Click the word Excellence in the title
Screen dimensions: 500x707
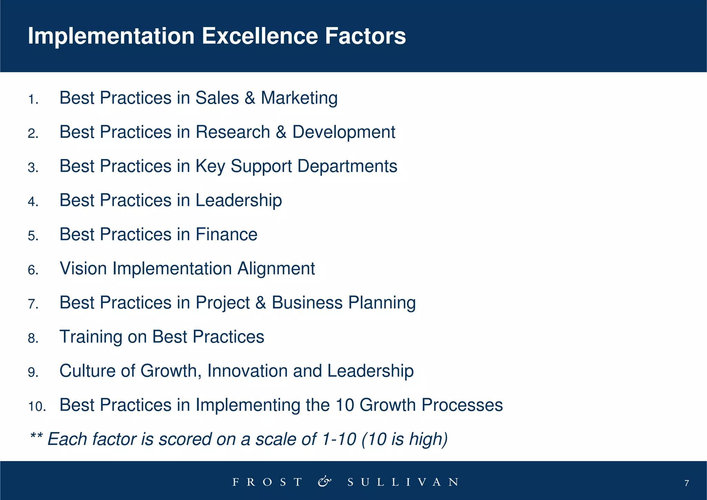click(259, 36)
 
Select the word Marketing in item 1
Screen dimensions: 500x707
click(299, 98)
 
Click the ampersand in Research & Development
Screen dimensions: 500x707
click(281, 132)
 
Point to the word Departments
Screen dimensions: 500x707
click(347, 166)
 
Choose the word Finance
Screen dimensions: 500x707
click(226, 234)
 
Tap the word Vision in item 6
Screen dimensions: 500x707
click(83, 268)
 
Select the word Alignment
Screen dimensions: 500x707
click(276, 268)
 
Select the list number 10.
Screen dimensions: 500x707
click(37, 407)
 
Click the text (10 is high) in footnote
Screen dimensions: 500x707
click(404, 439)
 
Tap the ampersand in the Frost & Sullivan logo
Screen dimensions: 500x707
click(324, 481)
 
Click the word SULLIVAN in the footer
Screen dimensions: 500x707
click(403, 482)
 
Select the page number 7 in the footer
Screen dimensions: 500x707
click(686, 483)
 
